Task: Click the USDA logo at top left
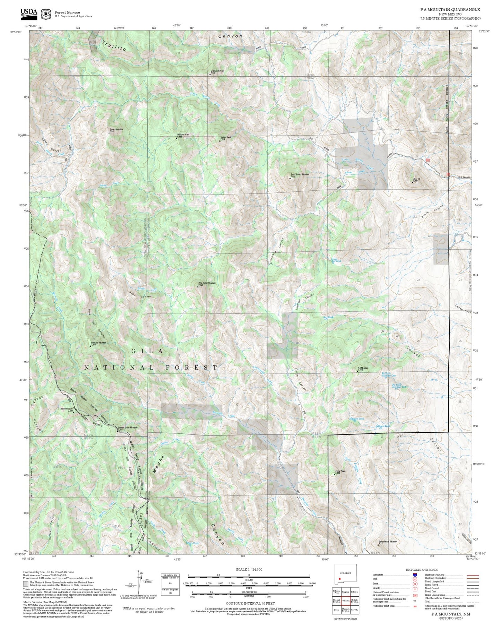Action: point(29,13)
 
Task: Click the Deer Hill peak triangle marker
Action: point(412,182)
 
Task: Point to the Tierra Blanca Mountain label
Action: point(300,175)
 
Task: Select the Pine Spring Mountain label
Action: point(207,283)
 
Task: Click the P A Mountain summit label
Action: point(363,368)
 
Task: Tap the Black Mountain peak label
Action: point(67,409)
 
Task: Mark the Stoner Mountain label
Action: point(116,130)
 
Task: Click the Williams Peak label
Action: point(183,135)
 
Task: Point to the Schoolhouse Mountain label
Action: point(388,542)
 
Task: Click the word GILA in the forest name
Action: point(147,351)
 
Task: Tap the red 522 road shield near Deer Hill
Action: point(427,160)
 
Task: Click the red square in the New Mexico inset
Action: point(340,579)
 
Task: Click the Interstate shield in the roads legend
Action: point(415,575)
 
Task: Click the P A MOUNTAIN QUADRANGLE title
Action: point(450,10)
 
